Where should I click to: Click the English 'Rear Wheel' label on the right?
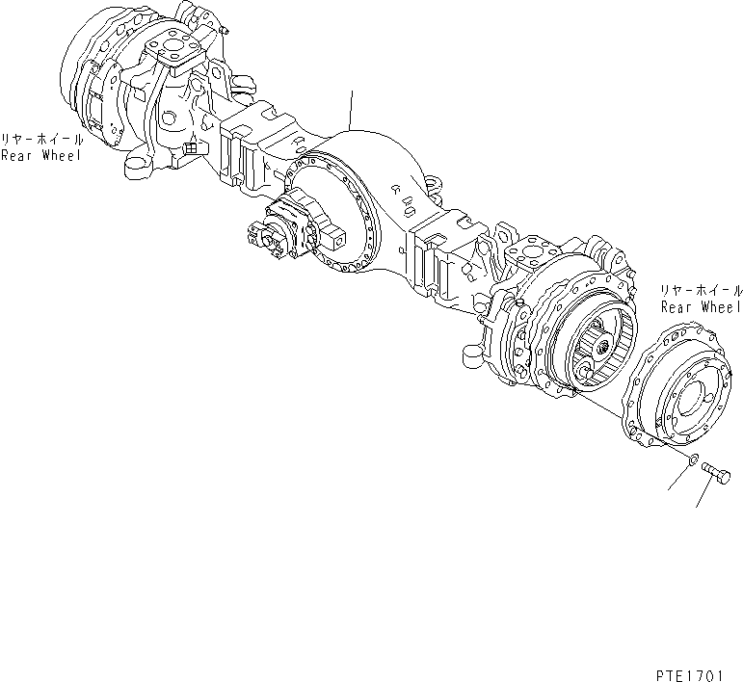[702, 306]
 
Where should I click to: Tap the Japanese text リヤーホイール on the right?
[702, 290]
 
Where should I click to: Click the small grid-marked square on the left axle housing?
[191, 147]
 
